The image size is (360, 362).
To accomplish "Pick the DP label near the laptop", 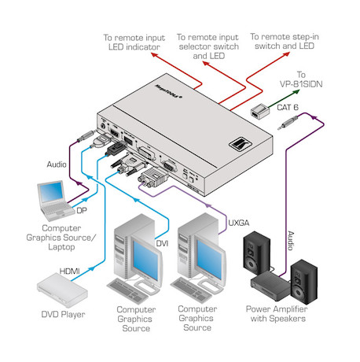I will click(x=82, y=210).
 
